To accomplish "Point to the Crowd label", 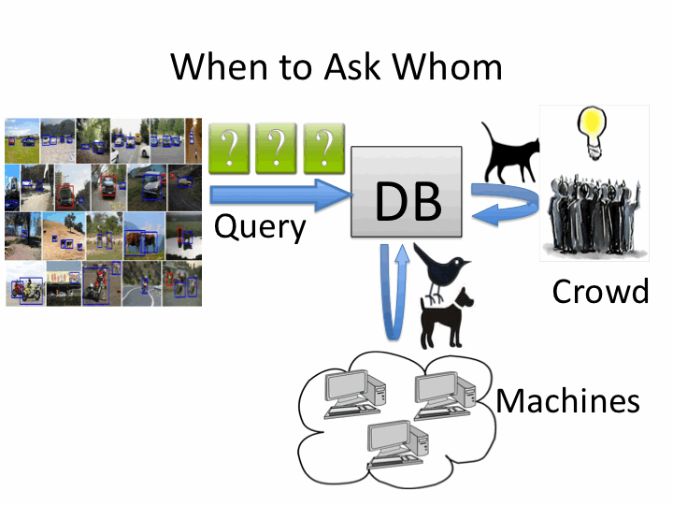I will [600, 292].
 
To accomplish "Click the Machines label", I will [567, 401].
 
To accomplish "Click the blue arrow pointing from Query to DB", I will [277, 195].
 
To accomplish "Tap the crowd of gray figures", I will [594, 210].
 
